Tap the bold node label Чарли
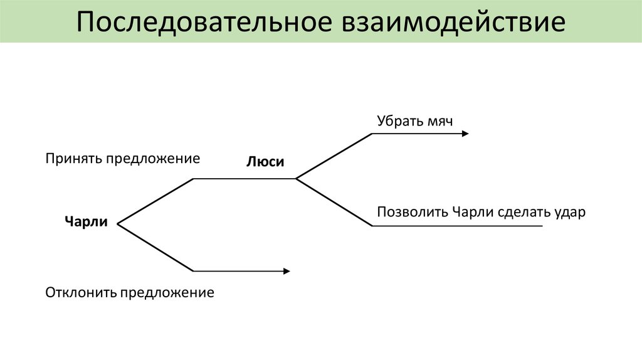point(86,221)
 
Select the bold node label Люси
point(265,162)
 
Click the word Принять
point(73,158)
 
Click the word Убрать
point(399,120)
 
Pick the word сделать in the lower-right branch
point(524,212)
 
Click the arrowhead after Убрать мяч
point(465,134)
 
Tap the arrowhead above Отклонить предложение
point(287,271)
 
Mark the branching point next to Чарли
point(118,223)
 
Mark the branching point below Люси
point(296,179)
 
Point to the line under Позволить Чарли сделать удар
point(458,226)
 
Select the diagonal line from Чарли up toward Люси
point(155,201)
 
